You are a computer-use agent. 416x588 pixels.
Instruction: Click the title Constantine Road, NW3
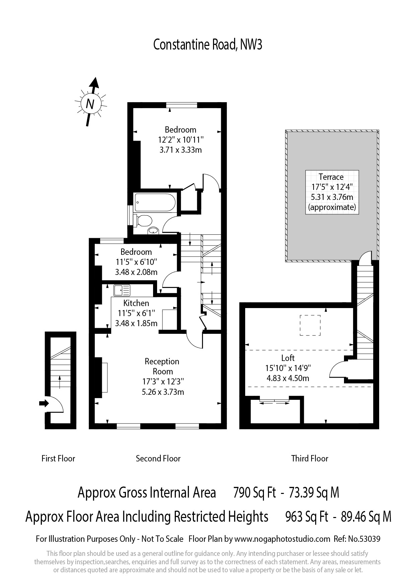[208, 45]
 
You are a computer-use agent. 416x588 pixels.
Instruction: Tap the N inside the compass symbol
[90, 104]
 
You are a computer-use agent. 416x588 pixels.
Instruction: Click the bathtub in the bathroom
[155, 202]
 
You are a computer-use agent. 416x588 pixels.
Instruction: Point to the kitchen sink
[122, 290]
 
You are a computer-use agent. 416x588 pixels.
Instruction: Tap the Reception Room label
[162, 366]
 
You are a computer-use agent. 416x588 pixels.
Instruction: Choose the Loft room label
[288, 358]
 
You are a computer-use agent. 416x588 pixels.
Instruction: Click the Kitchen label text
[136, 303]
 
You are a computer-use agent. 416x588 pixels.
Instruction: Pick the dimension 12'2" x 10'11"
[181, 140]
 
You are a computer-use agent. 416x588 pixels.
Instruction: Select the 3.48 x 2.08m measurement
[136, 272]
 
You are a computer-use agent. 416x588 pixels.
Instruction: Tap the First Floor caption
[58, 458]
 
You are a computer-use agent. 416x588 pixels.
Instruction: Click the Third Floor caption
[310, 458]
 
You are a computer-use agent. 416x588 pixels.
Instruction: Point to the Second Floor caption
[158, 458]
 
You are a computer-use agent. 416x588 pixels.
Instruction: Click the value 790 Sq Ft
[255, 493]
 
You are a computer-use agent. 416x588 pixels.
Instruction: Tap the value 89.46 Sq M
[366, 517]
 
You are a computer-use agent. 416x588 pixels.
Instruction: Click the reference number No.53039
[364, 539]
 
